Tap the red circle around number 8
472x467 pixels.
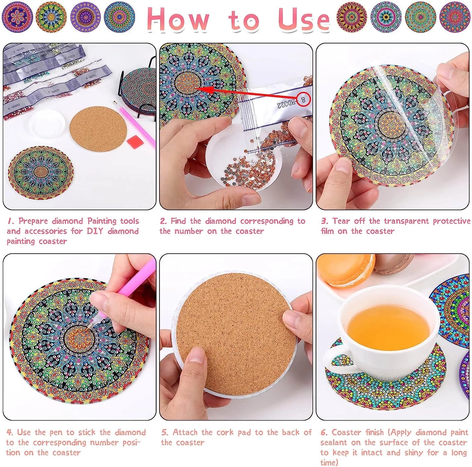tap(303, 100)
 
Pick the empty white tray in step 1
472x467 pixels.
tap(47, 124)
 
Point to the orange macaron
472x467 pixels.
tap(346, 270)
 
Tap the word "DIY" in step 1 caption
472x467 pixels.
tap(95, 231)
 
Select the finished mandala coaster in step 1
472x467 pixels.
tap(41, 172)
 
